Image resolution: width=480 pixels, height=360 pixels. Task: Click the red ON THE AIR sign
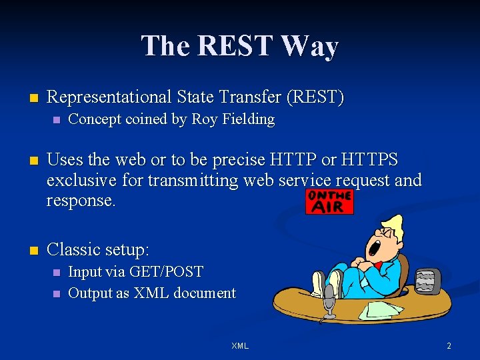pyautogui.click(x=329, y=201)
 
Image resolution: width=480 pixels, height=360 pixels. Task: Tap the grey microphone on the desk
pyautogui.click(x=329, y=304)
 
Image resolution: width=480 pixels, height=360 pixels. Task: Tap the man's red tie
pyautogui.click(x=378, y=265)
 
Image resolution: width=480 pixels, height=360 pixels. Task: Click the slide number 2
pyautogui.click(x=449, y=346)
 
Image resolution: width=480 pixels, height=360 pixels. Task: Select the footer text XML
pyautogui.click(x=239, y=346)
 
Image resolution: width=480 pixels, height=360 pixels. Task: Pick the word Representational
pyautogui.click(x=111, y=97)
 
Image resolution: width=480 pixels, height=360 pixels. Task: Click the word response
pyautogui.click(x=81, y=201)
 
